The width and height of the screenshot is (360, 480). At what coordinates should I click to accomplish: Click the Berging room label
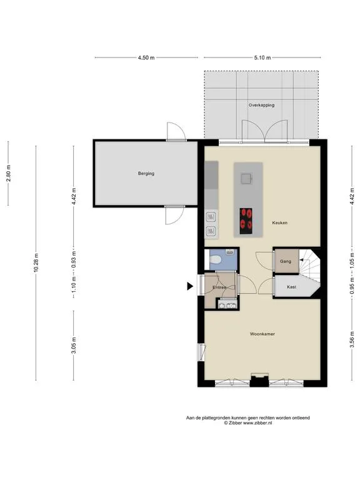pyautogui.click(x=146, y=173)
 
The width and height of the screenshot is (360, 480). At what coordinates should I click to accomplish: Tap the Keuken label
pyautogui.click(x=280, y=223)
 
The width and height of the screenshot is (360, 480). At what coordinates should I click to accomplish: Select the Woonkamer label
pyautogui.click(x=262, y=334)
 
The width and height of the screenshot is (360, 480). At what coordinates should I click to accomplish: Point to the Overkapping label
pyautogui.click(x=261, y=105)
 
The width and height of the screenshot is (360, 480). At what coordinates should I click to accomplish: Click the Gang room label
pyautogui.click(x=286, y=261)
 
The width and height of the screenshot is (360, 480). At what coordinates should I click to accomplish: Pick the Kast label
pyautogui.click(x=291, y=287)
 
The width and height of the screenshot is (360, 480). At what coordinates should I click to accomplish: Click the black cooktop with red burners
pyautogui.click(x=246, y=221)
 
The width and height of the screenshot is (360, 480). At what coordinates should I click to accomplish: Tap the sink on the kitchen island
pyautogui.click(x=246, y=179)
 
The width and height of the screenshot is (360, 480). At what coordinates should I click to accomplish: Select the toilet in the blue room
pyautogui.click(x=216, y=260)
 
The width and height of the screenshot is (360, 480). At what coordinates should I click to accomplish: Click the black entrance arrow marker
pyautogui.click(x=190, y=286)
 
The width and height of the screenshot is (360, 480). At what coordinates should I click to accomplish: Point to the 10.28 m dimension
pyautogui.click(x=36, y=262)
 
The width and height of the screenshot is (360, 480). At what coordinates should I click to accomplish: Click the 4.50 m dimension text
pyautogui.click(x=146, y=57)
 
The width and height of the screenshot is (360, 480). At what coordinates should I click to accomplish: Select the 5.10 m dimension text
pyautogui.click(x=262, y=57)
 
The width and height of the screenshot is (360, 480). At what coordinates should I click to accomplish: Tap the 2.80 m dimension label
pyautogui.click(x=9, y=173)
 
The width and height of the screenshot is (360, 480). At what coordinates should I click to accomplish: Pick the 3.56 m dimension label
pyautogui.click(x=352, y=340)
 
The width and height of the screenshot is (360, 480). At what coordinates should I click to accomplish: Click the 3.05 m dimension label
pyautogui.click(x=74, y=345)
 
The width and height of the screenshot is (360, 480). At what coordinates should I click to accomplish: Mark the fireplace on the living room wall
pyautogui.click(x=259, y=380)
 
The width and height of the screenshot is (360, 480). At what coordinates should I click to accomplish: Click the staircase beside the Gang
pyautogui.click(x=309, y=264)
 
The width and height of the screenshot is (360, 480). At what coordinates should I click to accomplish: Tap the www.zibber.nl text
pyautogui.click(x=257, y=423)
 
